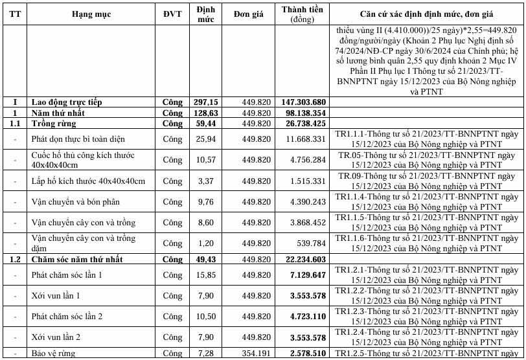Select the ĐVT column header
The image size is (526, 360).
pos(172,14)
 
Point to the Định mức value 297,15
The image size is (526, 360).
pos(207,102)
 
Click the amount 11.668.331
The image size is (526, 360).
pos(306,139)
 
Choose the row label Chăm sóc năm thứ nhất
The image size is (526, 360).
pos(76,259)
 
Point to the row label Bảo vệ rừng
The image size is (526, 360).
pos(54,354)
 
